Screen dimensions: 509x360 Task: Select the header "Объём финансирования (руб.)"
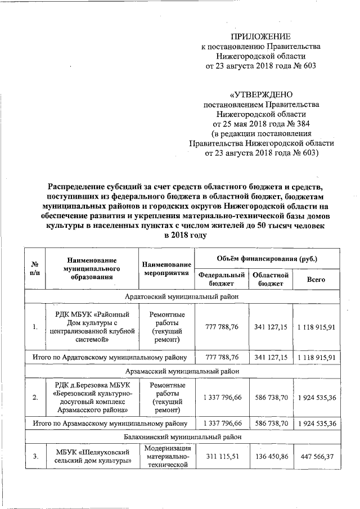pos(267,258)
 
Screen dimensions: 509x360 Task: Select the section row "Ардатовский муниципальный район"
pos(182,296)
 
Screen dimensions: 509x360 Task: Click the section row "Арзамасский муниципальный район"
pos(182,371)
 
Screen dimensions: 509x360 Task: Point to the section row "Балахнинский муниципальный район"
pos(182,436)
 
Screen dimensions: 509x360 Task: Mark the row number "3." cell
pos(35,457)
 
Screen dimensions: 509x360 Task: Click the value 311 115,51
pos(222,457)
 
